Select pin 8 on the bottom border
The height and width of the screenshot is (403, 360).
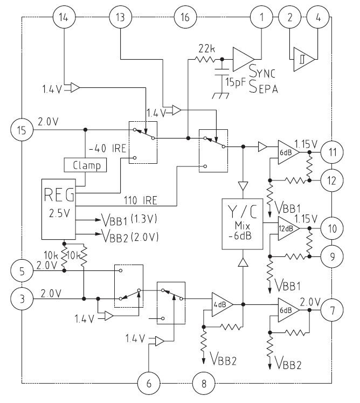point(203,384)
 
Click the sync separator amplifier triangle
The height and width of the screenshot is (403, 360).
point(243,58)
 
